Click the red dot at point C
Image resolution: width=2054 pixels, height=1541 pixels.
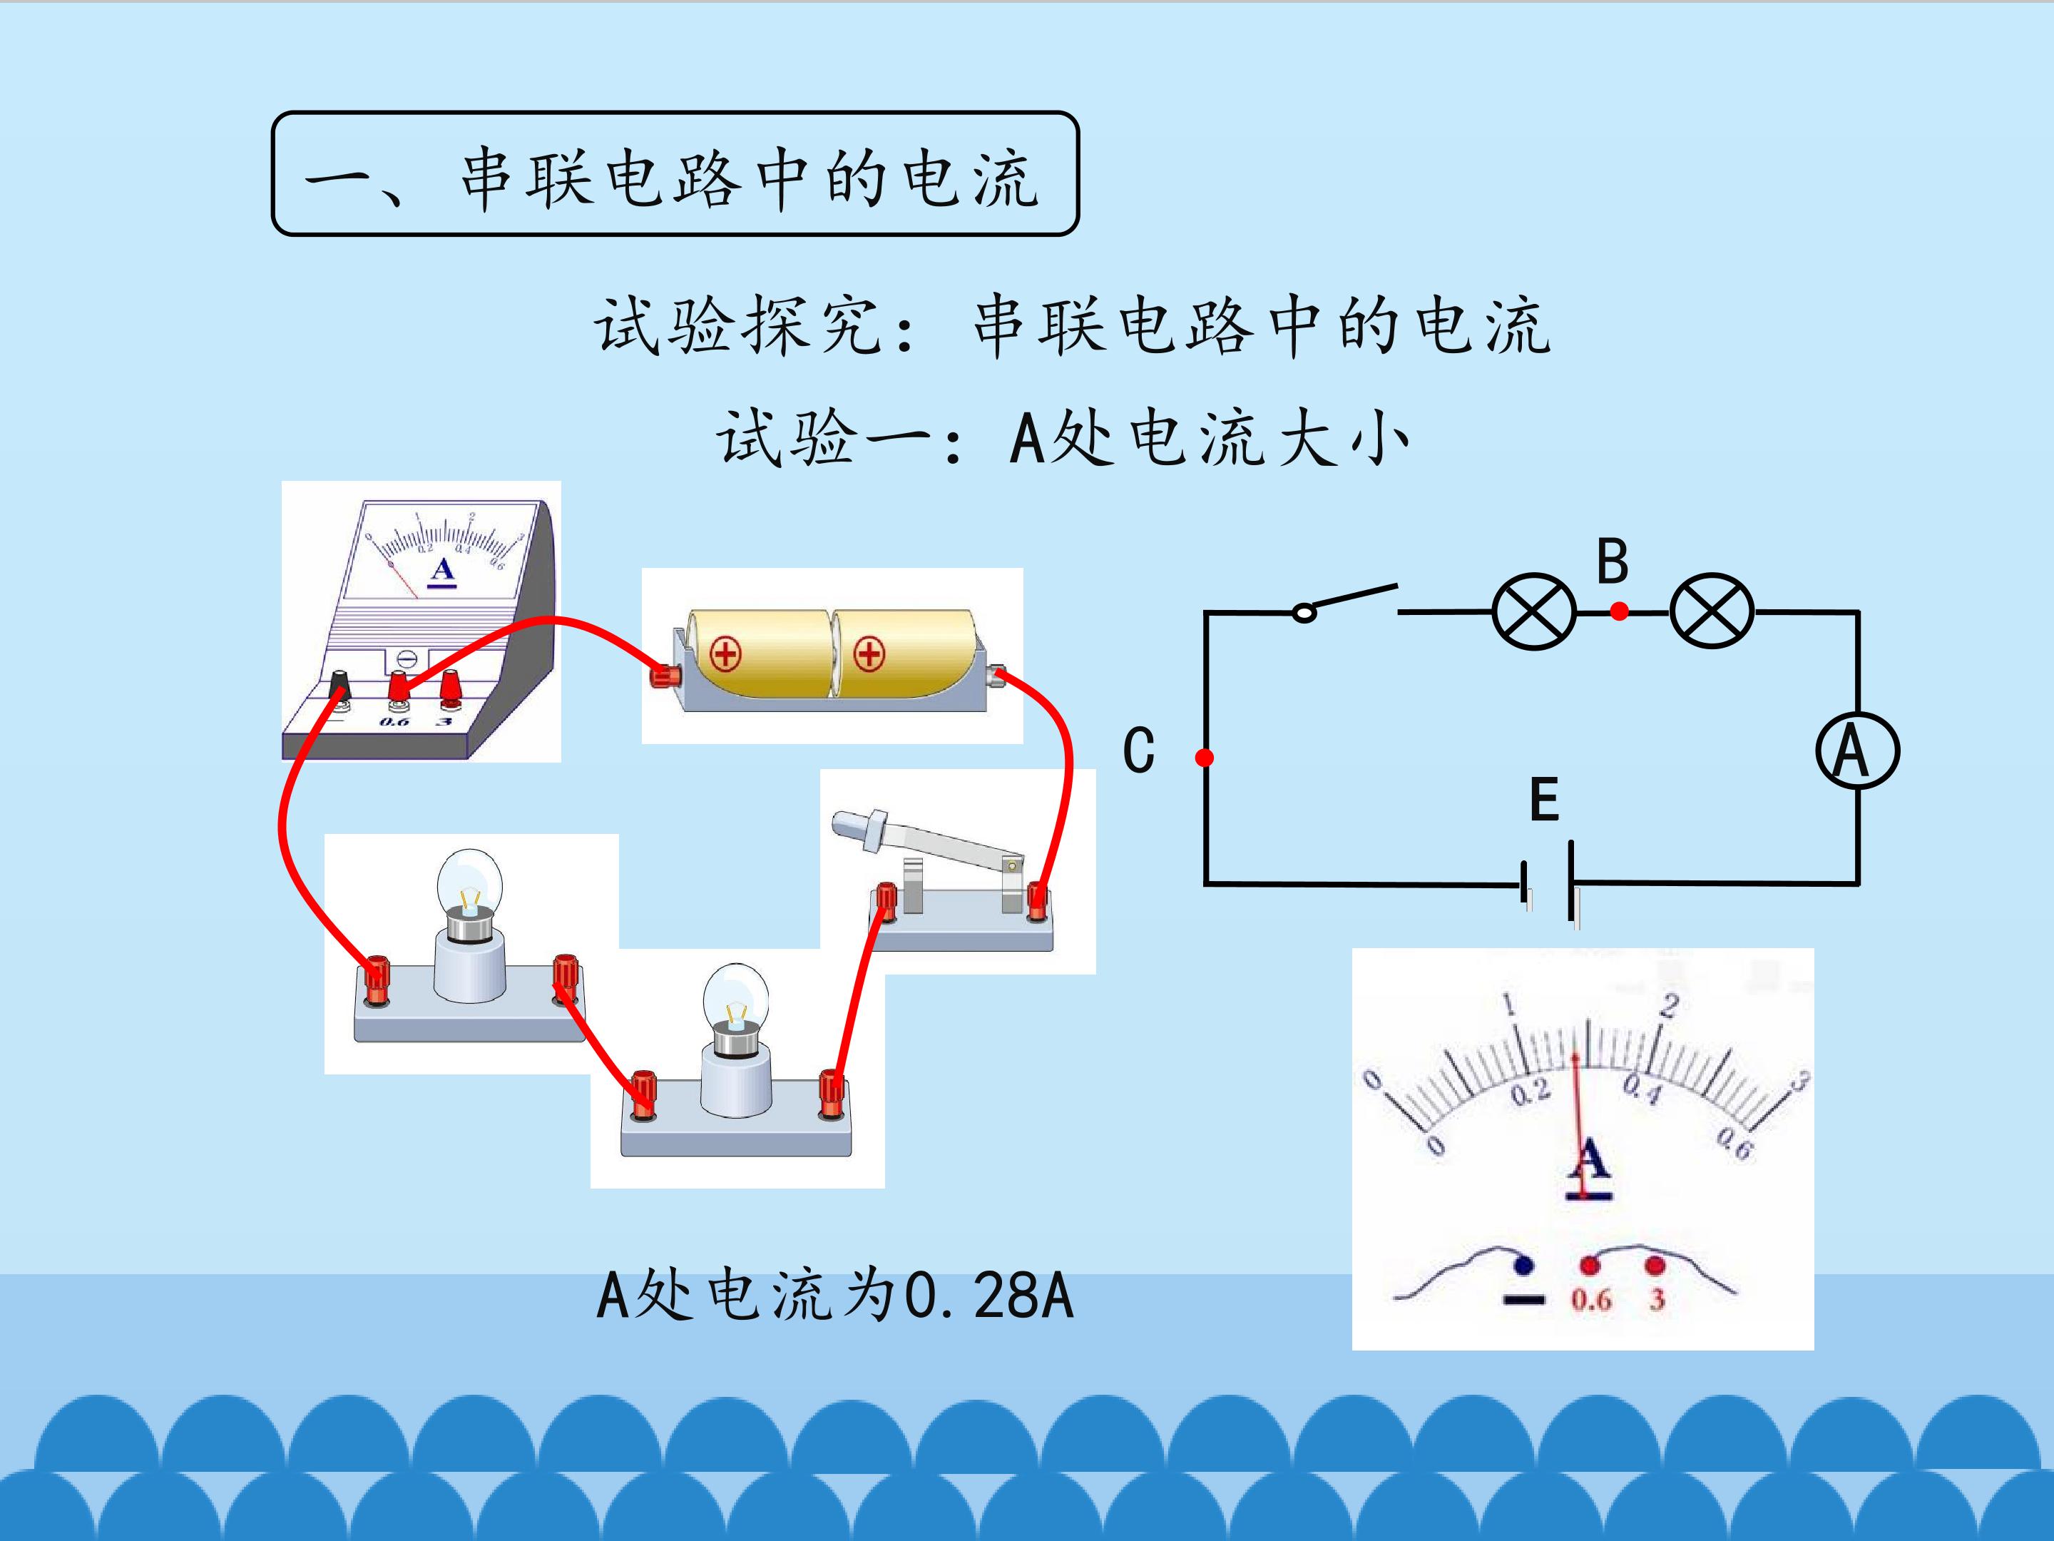pyautogui.click(x=1205, y=758)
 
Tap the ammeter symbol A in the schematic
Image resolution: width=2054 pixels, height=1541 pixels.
pyautogui.click(x=1857, y=751)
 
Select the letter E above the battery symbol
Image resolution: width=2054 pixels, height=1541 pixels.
pyautogui.click(x=1543, y=800)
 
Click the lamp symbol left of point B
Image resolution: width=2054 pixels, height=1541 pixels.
pyautogui.click(x=1534, y=611)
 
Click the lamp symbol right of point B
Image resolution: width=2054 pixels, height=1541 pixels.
pyautogui.click(x=1712, y=611)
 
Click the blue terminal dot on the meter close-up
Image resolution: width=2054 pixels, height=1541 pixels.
pyautogui.click(x=1522, y=1264)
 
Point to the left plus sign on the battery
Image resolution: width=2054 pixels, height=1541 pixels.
pyautogui.click(x=725, y=655)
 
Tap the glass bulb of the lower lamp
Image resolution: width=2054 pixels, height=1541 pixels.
pyautogui.click(x=735, y=997)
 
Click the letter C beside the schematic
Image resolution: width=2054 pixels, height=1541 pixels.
pyautogui.click(x=1138, y=751)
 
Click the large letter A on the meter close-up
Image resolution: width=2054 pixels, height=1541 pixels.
pyautogui.click(x=1590, y=1160)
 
